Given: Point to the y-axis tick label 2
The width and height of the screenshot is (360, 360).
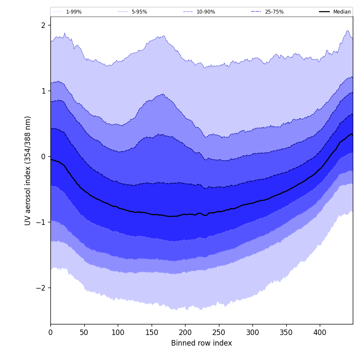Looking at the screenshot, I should [x=43, y=25].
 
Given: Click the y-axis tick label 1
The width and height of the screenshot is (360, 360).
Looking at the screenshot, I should [x=43, y=91].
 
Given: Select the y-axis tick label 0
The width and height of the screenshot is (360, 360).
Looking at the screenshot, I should [x=43, y=157].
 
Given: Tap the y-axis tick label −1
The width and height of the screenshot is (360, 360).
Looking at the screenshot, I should [x=41, y=222].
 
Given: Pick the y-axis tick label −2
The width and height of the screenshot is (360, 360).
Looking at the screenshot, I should [x=41, y=288].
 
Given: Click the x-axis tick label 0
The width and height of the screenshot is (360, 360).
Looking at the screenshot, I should [x=50, y=332].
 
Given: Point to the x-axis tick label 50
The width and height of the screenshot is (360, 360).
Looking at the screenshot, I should [x=84, y=332].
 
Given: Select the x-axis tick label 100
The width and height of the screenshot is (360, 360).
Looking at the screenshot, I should [x=118, y=332].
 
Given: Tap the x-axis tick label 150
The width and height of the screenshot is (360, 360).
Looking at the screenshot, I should [x=152, y=332].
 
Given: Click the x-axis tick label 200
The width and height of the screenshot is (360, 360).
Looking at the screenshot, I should [x=185, y=332].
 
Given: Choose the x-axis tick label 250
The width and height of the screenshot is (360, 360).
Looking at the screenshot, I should [x=219, y=332].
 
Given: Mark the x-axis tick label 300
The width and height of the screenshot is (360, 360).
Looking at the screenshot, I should [x=252, y=332].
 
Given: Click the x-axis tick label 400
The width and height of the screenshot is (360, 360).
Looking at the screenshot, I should [x=320, y=332].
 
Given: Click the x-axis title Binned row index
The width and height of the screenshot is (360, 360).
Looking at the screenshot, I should [x=202, y=343].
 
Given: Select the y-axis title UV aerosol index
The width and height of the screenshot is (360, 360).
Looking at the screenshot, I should [x=28, y=170].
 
